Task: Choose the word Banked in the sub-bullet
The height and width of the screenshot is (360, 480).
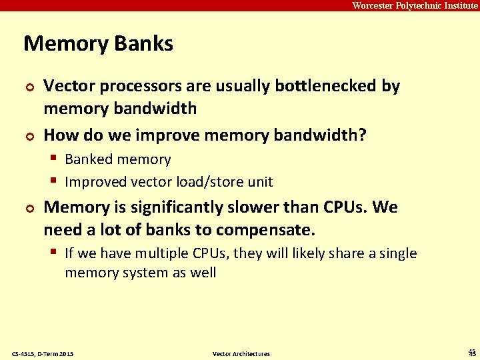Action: coord(89,159)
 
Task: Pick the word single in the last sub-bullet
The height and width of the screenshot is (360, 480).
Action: coord(398,253)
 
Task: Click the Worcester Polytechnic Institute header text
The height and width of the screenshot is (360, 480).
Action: coord(415,5)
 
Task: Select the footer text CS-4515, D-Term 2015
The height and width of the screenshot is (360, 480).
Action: coord(43,353)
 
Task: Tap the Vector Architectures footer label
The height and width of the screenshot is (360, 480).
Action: coord(241,353)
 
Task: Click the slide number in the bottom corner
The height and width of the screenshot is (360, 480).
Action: coord(472,353)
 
